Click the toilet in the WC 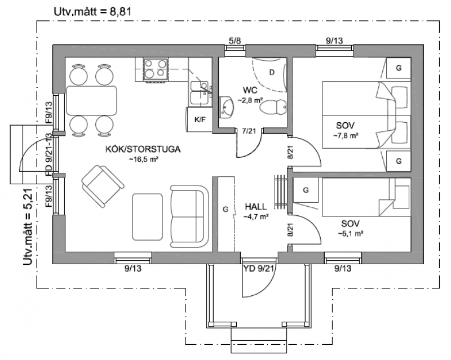pyautogui.click(x=273, y=108)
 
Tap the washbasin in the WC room pyautogui.click(x=227, y=107)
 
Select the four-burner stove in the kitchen pyautogui.click(x=156, y=70)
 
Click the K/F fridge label pyautogui.click(x=200, y=119)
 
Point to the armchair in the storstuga pyautogui.click(x=103, y=186)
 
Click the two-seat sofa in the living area pyautogui.click(x=189, y=216)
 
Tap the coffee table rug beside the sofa pyautogui.click(x=148, y=217)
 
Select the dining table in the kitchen pyautogui.click(x=91, y=100)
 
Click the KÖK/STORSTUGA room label pyautogui.click(x=143, y=149)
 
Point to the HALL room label pyautogui.click(x=256, y=206)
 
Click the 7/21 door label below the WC pyautogui.click(x=249, y=131)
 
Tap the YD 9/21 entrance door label pyautogui.click(x=259, y=269)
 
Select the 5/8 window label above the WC pyautogui.click(x=235, y=41)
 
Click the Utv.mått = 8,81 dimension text pyautogui.click(x=92, y=11)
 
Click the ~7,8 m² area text pyautogui.click(x=346, y=136)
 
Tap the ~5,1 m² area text pyautogui.click(x=350, y=233)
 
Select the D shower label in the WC pyautogui.click(x=272, y=72)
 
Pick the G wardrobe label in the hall pyautogui.click(x=225, y=210)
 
